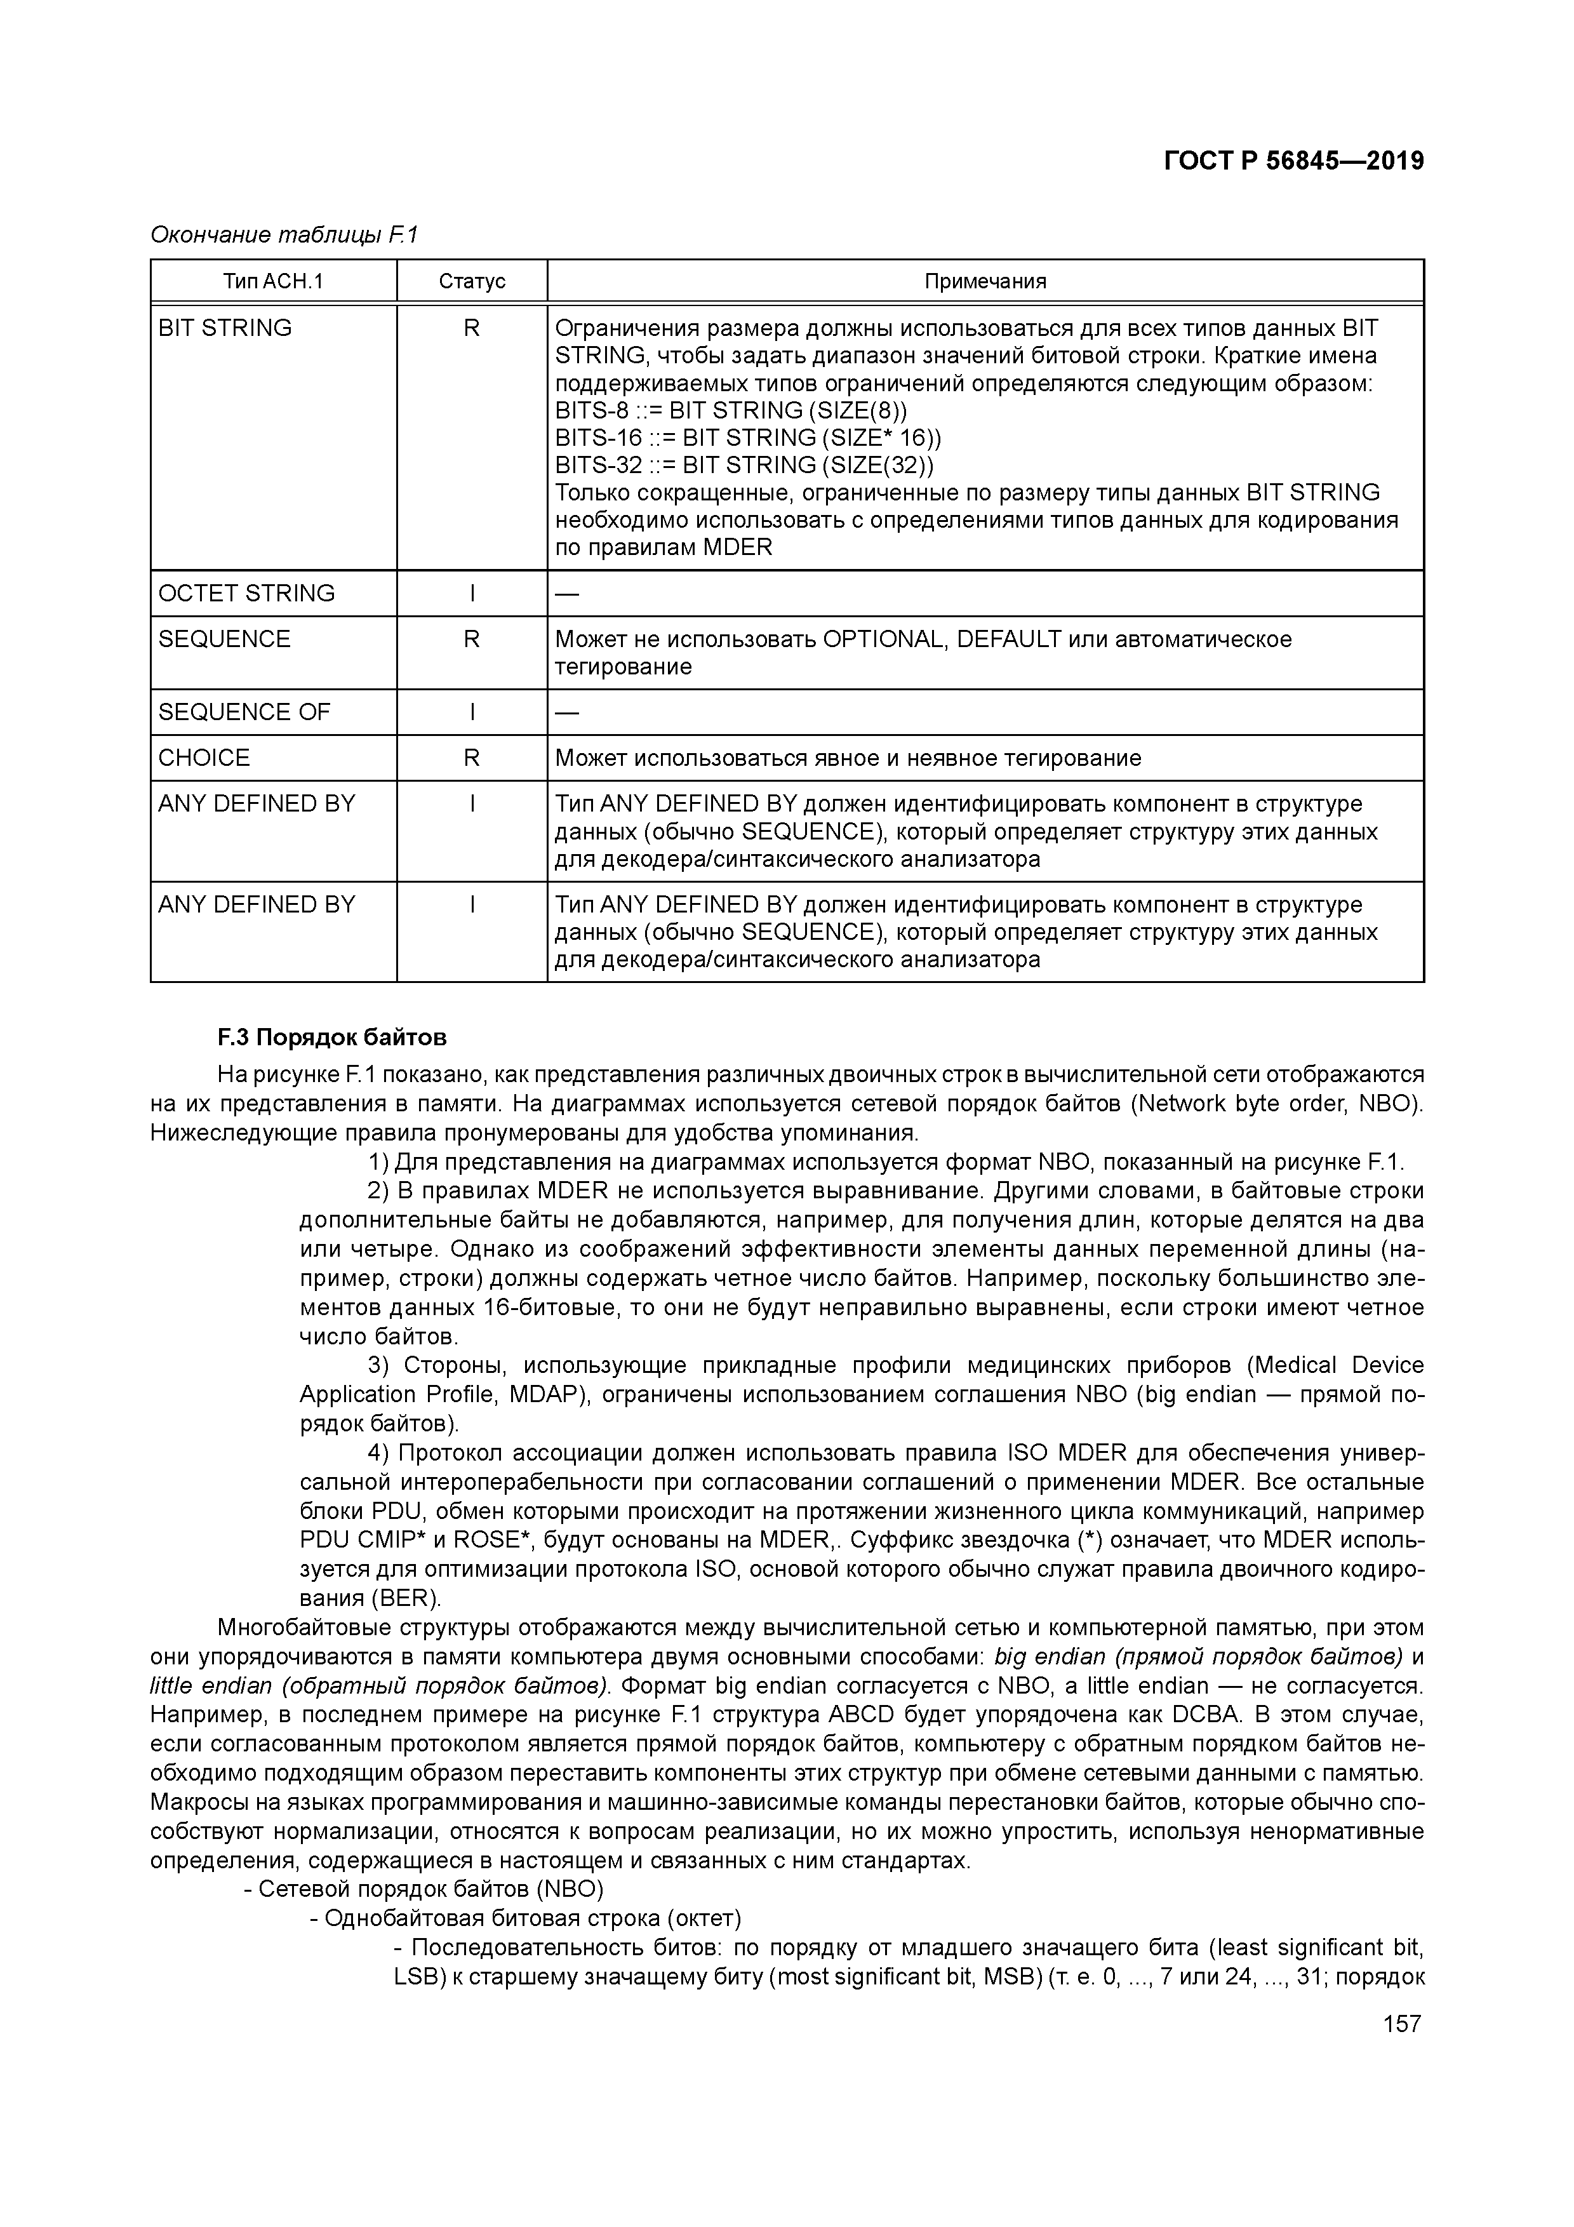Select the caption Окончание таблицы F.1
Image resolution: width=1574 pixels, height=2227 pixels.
click(x=283, y=235)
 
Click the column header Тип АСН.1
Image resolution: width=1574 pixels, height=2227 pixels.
click(x=272, y=281)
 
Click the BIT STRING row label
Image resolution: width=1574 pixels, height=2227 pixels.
click(x=225, y=328)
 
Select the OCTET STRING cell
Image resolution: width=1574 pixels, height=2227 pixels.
click(x=246, y=592)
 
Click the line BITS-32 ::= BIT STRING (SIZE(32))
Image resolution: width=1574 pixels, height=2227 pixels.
click(x=744, y=465)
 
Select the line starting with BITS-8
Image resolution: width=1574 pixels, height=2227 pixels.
click(x=731, y=410)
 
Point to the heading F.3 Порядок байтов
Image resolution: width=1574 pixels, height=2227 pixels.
click(x=331, y=1038)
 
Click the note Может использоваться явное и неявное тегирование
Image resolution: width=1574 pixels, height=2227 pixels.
click(x=848, y=758)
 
